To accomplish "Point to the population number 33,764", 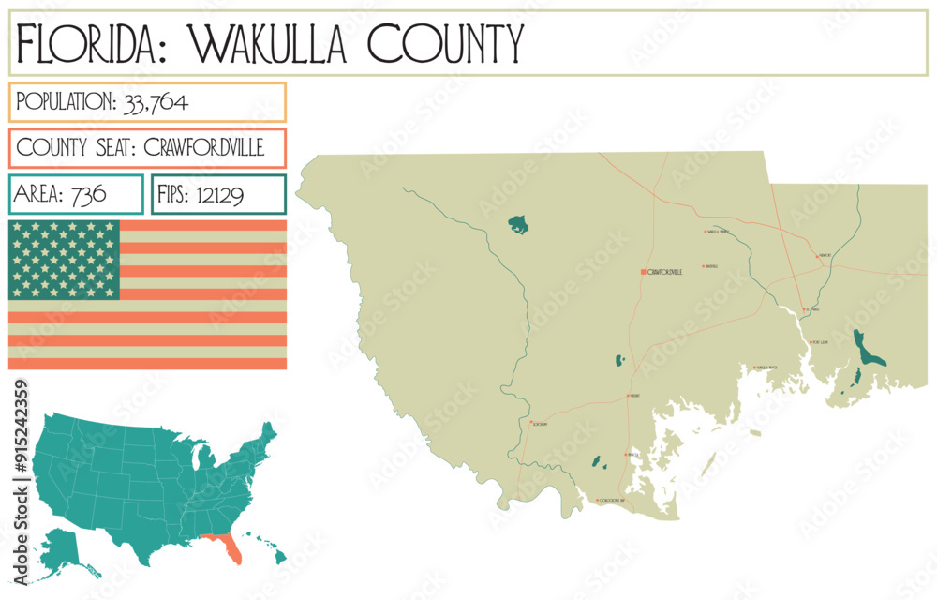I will [156, 102].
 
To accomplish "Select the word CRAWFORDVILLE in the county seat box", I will [204, 148].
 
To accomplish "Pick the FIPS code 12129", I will [221, 194].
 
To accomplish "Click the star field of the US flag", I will [64, 260].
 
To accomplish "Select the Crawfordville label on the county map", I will [664, 272].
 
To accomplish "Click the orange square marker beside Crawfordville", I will [643, 272].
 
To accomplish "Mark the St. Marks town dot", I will [803, 308].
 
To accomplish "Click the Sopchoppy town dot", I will [530, 424].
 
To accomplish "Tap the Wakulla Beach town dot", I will [755, 367].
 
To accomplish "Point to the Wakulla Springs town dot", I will [705, 232].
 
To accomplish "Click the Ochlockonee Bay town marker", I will [597, 501].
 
